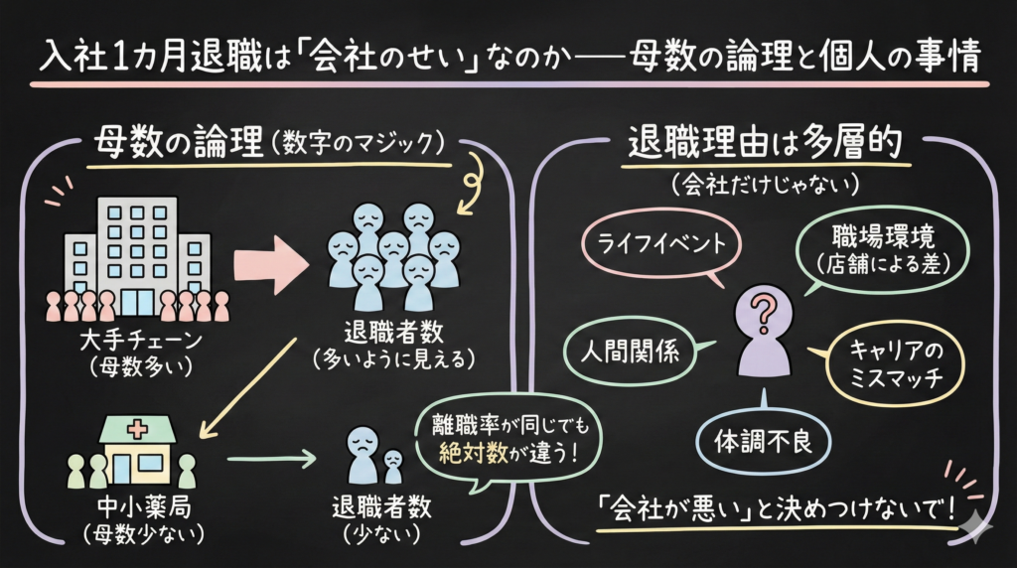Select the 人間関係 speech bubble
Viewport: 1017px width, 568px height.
635,352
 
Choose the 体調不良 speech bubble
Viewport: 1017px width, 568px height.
763,440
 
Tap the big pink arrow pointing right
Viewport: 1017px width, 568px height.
270,261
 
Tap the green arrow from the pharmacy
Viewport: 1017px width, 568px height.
270,460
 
